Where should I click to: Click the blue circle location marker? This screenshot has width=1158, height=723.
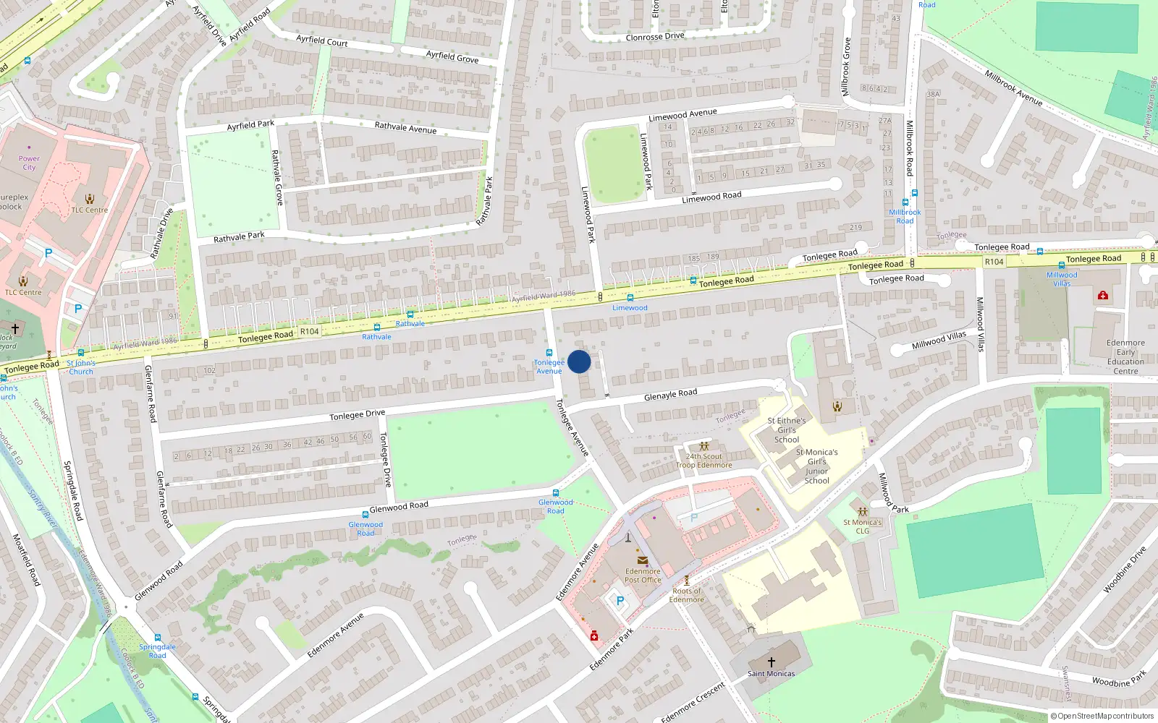tap(579, 361)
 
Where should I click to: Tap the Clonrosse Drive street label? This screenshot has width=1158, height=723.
tap(654, 37)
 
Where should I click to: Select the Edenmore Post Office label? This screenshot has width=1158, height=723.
tap(643, 576)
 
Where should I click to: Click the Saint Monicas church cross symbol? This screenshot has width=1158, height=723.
tap(772, 662)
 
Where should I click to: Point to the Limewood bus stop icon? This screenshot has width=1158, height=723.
tap(630, 298)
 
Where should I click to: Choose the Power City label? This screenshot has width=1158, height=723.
tap(29, 163)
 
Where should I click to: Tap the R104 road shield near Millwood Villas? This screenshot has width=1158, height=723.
tap(994, 262)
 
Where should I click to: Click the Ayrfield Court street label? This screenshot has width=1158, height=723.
tap(321, 40)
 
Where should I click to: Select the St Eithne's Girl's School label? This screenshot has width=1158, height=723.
tap(787, 429)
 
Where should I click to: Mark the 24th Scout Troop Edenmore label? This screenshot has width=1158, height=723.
tap(704, 461)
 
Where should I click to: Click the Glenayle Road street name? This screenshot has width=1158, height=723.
tap(670, 394)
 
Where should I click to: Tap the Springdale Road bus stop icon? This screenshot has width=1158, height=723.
tap(158, 638)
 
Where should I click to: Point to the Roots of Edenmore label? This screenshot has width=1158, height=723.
tap(687, 595)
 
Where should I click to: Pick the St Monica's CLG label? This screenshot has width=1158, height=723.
tap(862, 526)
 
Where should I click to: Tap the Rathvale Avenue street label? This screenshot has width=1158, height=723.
tap(405, 128)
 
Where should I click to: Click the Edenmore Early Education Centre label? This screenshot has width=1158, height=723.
tap(1125, 357)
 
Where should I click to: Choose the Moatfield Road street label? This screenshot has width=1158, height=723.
tap(26, 559)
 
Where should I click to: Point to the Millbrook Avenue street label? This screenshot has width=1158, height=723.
tap(1013, 87)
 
